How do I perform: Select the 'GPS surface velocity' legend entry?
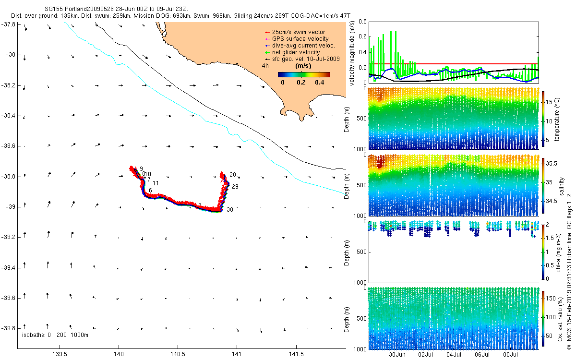click(300, 39)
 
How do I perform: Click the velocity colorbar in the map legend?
click(304, 74)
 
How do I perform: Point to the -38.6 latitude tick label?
click(11, 146)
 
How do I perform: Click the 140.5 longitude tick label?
click(178, 354)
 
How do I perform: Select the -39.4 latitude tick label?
click(11, 267)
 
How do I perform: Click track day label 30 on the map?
click(230, 210)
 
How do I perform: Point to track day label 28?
click(233, 174)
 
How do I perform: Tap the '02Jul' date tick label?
click(426, 355)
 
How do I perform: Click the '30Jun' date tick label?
click(398, 355)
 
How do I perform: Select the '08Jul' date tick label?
click(511, 355)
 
